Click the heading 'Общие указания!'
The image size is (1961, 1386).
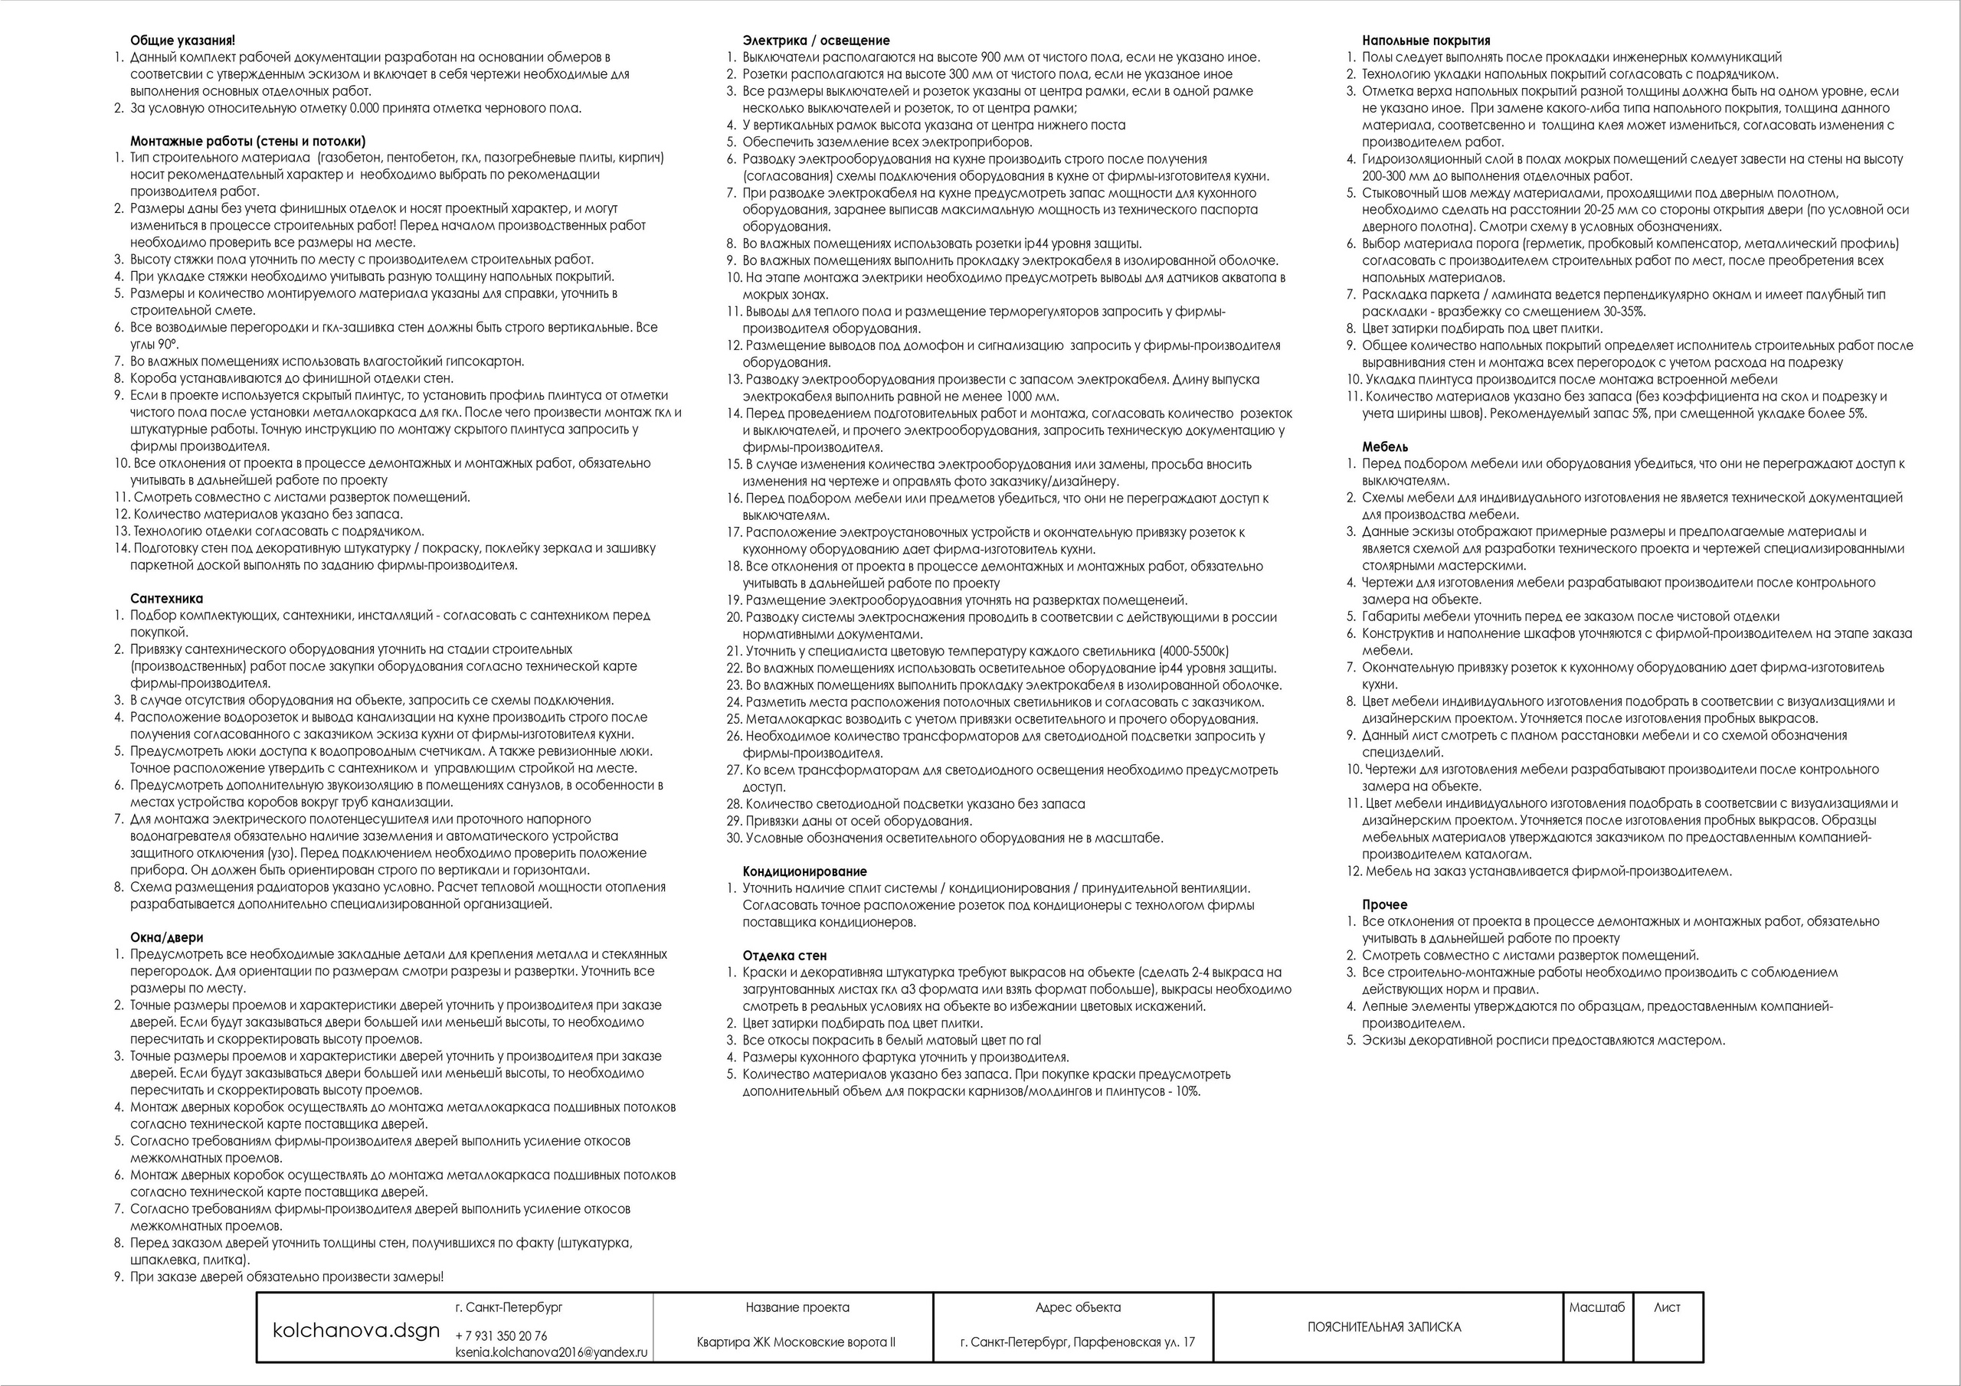(x=183, y=40)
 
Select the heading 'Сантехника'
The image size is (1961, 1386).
(x=166, y=599)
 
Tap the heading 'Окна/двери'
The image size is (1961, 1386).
(x=166, y=938)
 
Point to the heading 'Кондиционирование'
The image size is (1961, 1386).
(x=804, y=872)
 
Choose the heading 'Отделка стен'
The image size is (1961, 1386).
(x=784, y=956)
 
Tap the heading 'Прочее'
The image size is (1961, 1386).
(x=1384, y=904)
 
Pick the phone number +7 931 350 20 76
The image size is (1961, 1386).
(x=501, y=1335)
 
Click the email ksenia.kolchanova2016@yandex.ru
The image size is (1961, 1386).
(x=552, y=1353)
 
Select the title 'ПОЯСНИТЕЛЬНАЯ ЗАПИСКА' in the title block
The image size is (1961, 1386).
(x=1383, y=1327)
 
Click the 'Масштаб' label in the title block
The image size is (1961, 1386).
(x=1596, y=1307)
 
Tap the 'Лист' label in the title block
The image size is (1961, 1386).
(x=1666, y=1307)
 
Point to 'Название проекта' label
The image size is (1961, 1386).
(x=797, y=1307)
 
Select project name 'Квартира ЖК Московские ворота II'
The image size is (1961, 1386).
(x=796, y=1342)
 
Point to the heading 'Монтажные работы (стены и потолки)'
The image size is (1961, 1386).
(x=247, y=141)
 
